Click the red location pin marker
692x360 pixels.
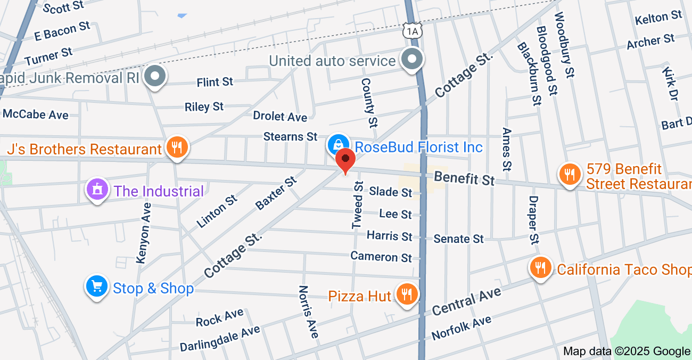click(346, 160)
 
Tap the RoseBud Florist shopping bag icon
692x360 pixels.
click(337, 143)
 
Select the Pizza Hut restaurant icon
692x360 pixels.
click(407, 294)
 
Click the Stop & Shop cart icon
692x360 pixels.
click(97, 287)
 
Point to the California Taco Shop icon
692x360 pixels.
click(541, 267)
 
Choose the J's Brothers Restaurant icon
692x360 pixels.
click(176, 146)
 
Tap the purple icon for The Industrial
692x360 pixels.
click(97, 189)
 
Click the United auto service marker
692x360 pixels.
click(412, 59)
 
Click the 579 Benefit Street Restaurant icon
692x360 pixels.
click(570, 174)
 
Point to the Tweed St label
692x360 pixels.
click(358, 206)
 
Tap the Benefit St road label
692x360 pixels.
click(464, 178)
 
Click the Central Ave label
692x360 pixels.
click(466, 301)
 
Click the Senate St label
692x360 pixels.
click(458, 238)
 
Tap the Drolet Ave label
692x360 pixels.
click(280, 116)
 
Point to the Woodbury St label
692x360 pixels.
click(565, 45)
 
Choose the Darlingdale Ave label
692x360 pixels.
click(219, 338)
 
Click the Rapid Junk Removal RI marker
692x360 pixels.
click(155, 76)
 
